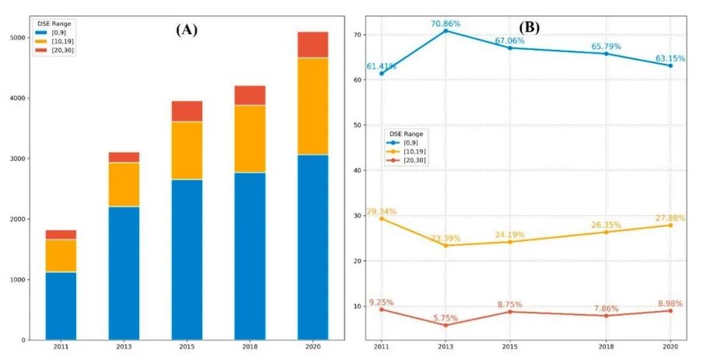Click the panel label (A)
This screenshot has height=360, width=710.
click(187, 30)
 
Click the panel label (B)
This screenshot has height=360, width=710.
click(529, 27)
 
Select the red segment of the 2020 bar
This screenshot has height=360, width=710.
click(313, 45)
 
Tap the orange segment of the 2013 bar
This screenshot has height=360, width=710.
click(124, 184)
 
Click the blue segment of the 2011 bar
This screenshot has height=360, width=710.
click(61, 306)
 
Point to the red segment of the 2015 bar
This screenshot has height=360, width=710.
click(187, 111)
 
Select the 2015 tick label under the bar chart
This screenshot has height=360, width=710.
click(187, 347)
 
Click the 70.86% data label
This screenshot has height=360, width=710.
click(446, 24)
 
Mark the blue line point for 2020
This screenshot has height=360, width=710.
click(670, 65)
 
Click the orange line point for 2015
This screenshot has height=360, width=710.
click(510, 242)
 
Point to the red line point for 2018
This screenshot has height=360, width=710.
click(606, 316)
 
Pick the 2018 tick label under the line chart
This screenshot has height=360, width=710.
click(606, 347)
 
